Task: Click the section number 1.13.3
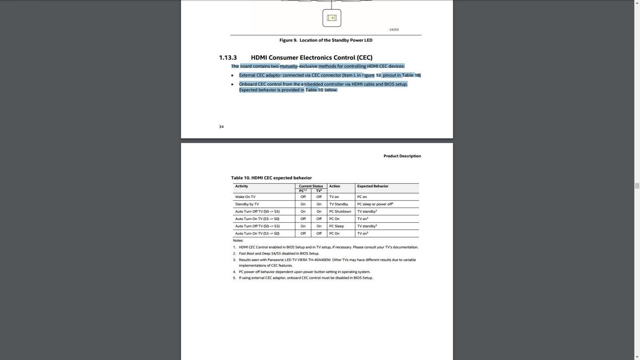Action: click(x=228, y=58)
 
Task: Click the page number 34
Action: click(x=221, y=127)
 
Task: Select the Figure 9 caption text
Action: click(x=326, y=40)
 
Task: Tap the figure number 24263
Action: click(x=394, y=30)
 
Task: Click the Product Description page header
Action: click(x=402, y=156)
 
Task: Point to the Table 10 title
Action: click(x=271, y=178)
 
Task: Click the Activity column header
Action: click(x=242, y=186)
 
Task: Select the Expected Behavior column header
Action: click(x=372, y=186)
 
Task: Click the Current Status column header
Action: click(x=311, y=186)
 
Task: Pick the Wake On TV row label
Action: click(x=245, y=197)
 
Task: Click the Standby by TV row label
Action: click(x=247, y=204)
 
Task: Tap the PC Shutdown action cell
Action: click(x=340, y=212)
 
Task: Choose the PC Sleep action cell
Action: click(x=336, y=226)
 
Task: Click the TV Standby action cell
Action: click(x=338, y=204)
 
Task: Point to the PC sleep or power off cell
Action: click(x=375, y=204)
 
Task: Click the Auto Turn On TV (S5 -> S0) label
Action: click(x=257, y=219)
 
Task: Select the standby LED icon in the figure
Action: click(x=332, y=18)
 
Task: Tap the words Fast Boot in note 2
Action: click(x=246, y=254)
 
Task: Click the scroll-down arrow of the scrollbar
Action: click(x=637, y=357)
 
